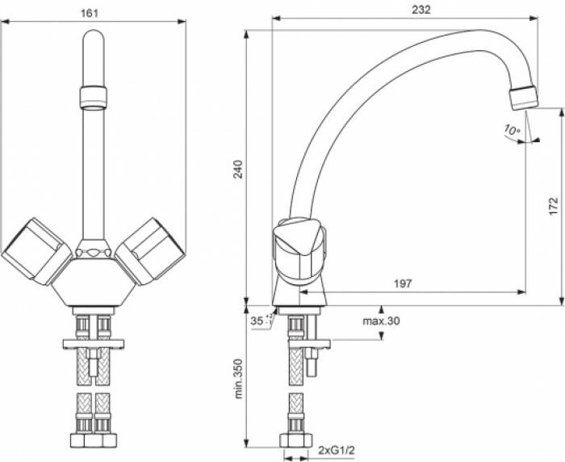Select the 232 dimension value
pos(420,10)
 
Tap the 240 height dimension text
pos(239,167)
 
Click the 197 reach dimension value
pos(402,283)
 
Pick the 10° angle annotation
pos(512,129)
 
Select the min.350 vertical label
pos(239,379)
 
